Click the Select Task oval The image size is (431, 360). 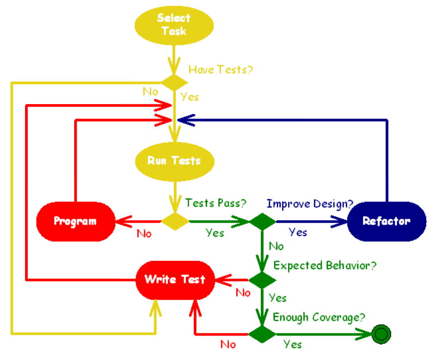(x=174, y=25)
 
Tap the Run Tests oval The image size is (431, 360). (x=174, y=161)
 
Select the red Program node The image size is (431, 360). (x=75, y=221)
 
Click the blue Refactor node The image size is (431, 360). (x=386, y=221)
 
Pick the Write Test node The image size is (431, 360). (x=175, y=279)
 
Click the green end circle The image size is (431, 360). (x=381, y=334)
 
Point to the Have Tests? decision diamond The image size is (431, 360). (x=174, y=83)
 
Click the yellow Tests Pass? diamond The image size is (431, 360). (x=175, y=222)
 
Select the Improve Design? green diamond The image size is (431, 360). (x=262, y=222)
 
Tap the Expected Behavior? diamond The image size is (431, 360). (x=261, y=280)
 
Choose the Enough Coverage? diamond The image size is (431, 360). (x=261, y=334)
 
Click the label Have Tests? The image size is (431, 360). (x=221, y=70)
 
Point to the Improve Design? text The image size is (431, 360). (x=310, y=203)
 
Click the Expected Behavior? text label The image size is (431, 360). (x=325, y=266)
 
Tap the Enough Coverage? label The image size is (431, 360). (x=320, y=317)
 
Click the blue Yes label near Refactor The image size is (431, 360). (x=298, y=232)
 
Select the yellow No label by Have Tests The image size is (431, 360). (x=150, y=92)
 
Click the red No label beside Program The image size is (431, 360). (x=144, y=234)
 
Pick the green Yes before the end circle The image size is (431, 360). (x=292, y=344)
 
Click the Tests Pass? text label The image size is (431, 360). (x=215, y=202)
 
